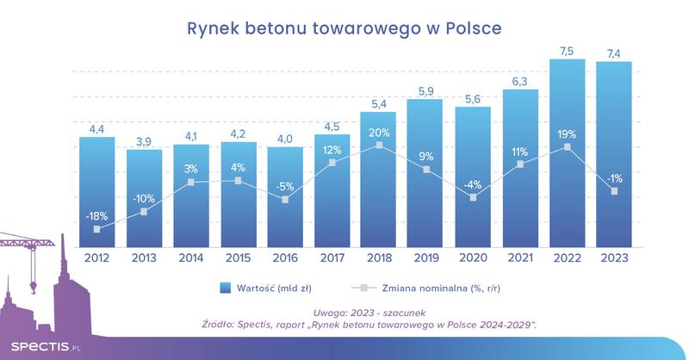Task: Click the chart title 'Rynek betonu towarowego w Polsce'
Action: coord(344,28)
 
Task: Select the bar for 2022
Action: coord(566,155)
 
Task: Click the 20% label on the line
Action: coord(378,133)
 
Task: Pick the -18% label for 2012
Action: coord(96,216)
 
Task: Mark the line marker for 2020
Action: coord(472,197)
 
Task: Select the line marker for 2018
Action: coord(378,146)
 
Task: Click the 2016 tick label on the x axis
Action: coord(284,256)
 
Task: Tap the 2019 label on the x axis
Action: coord(425,256)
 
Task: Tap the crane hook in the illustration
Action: coord(33,285)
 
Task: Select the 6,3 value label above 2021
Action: coord(518,82)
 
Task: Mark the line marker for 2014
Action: coord(190,182)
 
